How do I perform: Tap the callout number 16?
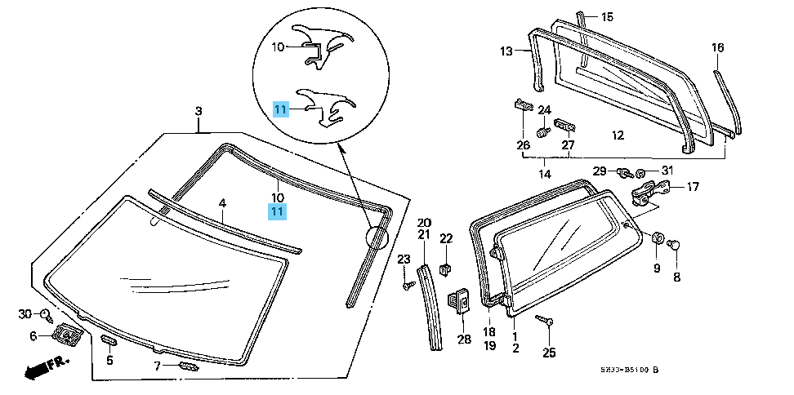click(717, 48)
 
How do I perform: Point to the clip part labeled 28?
click(460, 302)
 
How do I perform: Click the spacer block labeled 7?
click(188, 366)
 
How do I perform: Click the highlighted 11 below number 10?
click(278, 211)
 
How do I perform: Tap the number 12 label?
click(618, 135)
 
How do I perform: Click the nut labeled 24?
click(542, 131)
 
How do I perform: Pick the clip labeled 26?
click(523, 106)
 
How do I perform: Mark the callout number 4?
click(221, 202)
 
